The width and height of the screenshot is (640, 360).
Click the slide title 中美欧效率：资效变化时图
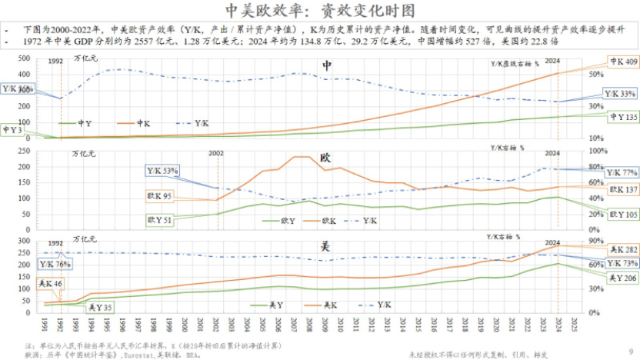(x=319, y=11)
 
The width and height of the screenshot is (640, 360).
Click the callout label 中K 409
(x=622, y=62)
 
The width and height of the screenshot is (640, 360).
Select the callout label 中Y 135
(x=622, y=118)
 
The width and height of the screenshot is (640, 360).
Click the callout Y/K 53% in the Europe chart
(x=162, y=170)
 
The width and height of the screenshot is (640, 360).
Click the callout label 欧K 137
(x=624, y=189)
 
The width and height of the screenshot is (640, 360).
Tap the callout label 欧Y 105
(x=624, y=215)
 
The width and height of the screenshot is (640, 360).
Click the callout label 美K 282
(x=622, y=249)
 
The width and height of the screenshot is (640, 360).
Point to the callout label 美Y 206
(x=622, y=277)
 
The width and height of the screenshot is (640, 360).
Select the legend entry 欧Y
(x=287, y=220)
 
